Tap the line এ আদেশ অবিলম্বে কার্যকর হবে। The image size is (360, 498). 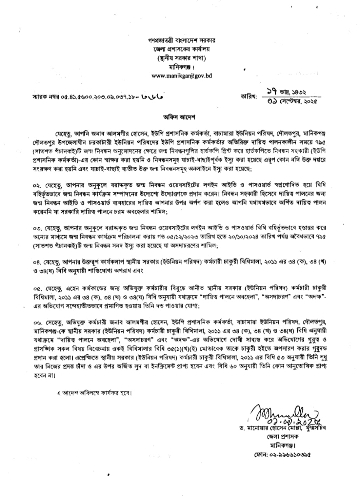93,393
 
